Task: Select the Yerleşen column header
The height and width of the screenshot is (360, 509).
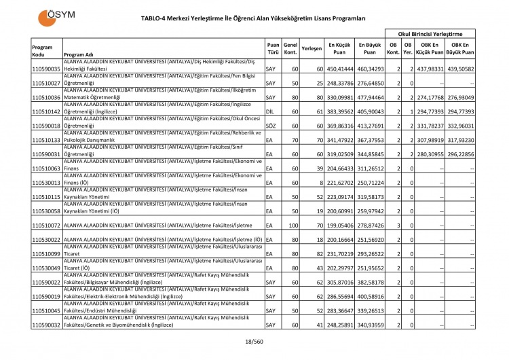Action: pos(311,49)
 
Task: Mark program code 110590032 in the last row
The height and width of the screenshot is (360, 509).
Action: pos(46,325)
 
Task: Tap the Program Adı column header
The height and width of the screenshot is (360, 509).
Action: pos(79,55)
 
